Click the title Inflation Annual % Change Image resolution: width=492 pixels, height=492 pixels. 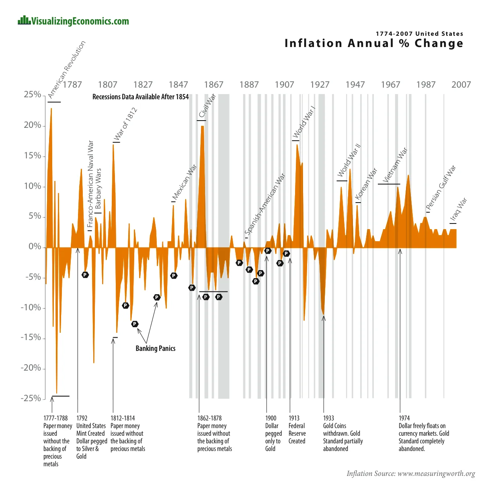tap(374, 43)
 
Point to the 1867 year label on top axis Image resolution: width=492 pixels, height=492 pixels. tap(213, 84)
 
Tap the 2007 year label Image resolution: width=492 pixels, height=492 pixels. tap(461, 84)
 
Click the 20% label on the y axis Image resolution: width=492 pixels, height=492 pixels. tap(33, 125)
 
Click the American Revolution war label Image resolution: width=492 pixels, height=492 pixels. tap(66, 70)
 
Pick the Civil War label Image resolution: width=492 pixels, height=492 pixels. tap(208, 106)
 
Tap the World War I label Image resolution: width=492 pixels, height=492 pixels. tap(304, 122)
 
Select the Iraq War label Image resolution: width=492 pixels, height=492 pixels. tap(459, 210)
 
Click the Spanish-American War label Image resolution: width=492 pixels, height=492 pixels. tap(265, 204)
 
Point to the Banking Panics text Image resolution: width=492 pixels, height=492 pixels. tap(155, 348)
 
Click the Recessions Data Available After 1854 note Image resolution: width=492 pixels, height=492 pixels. tap(140, 97)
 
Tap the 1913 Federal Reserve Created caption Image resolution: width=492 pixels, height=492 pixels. tap(297, 430)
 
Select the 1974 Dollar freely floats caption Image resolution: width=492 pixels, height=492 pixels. tap(424, 433)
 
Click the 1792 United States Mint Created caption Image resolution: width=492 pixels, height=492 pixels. tap(91, 437)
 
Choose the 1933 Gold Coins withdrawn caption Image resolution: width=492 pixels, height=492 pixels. tap(342, 433)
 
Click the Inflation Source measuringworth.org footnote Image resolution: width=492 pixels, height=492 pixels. tap(410, 474)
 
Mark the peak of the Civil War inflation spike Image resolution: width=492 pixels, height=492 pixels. tap(203, 127)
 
